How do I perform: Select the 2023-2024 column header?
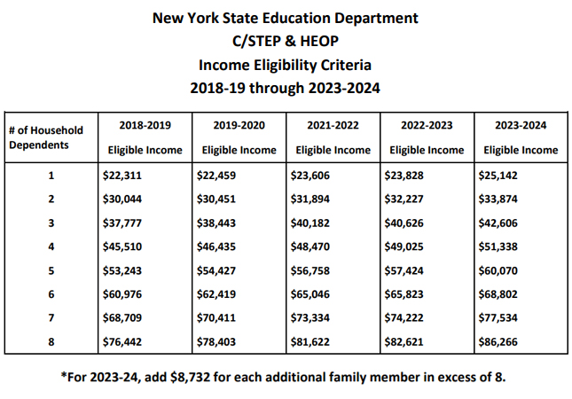(521, 126)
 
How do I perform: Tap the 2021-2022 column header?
(333, 126)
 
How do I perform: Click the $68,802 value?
(498, 293)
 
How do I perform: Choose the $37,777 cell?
(121, 222)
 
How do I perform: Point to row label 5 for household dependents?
(50, 270)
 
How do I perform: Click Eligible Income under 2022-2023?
(427, 150)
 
